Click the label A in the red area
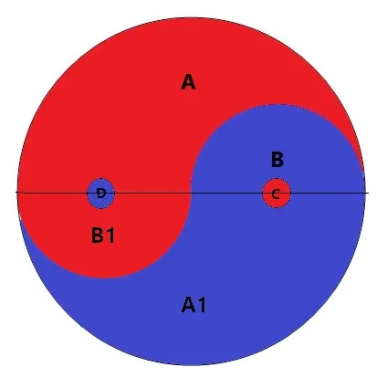click(x=188, y=82)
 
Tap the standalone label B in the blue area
click(x=277, y=160)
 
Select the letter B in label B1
click(x=97, y=236)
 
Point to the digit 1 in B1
click(x=110, y=236)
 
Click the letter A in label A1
click(x=188, y=305)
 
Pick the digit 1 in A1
click(x=202, y=305)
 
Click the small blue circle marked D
click(x=101, y=194)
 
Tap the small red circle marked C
click(x=277, y=194)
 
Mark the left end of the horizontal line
click(x=16, y=193)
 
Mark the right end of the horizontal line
click(x=369, y=193)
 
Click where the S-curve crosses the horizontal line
click(x=191, y=193)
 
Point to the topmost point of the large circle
click(x=192, y=17)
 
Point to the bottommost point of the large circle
click(x=192, y=365)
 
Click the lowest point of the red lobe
click(x=105, y=278)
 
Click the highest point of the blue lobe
click(x=277, y=105)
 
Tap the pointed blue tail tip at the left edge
click(x=20, y=217)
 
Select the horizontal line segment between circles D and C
click(x=189, y=193)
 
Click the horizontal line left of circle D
click(x=52, y=193)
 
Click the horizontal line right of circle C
click(x=329, y=193)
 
